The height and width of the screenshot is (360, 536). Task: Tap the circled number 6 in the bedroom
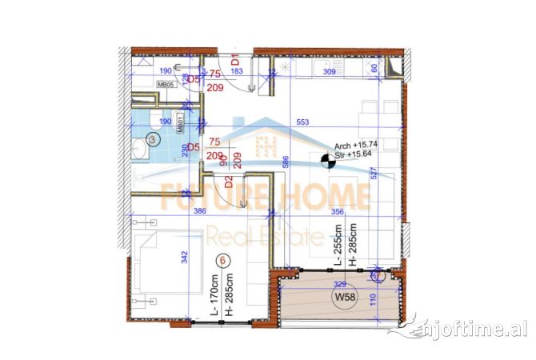223,260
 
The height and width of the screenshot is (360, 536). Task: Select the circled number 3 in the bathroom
154,138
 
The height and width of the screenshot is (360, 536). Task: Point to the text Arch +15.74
355,157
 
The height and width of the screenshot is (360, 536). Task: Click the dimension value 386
200,211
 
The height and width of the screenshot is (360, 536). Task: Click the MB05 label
166,84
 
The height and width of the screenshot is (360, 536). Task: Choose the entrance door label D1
235,60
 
